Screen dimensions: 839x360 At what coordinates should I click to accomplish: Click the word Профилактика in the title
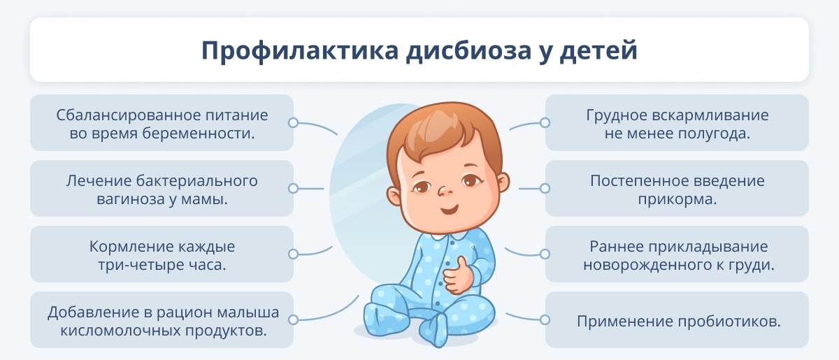click(x=300, y=50)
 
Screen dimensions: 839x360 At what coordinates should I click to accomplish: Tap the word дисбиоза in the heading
click(x=468, y=50)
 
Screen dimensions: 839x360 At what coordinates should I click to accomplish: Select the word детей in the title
click(x=598, y=50)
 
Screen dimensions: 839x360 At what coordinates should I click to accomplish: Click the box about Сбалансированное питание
click(x=162, y=122)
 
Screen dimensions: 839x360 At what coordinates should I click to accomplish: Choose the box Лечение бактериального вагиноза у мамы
click(x=162, y=188)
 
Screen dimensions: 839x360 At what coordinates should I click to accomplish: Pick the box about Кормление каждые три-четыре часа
click(x=162, y=254)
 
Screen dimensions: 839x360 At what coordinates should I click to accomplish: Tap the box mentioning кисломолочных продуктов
click(x=162, y=320)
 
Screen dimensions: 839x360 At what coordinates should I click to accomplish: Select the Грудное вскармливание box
click(x=677, y=122)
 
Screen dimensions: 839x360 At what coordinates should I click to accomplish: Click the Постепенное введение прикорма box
click(x=677, y=188)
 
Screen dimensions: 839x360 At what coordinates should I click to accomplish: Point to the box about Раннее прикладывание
click(x=677, y=254)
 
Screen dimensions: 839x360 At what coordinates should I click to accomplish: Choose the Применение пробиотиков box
click(x=677, y=320)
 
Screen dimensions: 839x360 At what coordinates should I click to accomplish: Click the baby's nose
click(x=444, y=191)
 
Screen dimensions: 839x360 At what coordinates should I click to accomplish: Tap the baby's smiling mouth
click(x=450, y=209)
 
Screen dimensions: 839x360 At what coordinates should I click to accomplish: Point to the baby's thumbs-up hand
click(x=457, y=276)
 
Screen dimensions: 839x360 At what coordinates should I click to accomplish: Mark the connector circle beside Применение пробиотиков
click(x=545, y=320)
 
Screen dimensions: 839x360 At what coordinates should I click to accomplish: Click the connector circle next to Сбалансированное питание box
click(x=293, y=122)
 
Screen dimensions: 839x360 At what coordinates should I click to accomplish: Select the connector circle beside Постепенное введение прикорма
click(x=545, y=188)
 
